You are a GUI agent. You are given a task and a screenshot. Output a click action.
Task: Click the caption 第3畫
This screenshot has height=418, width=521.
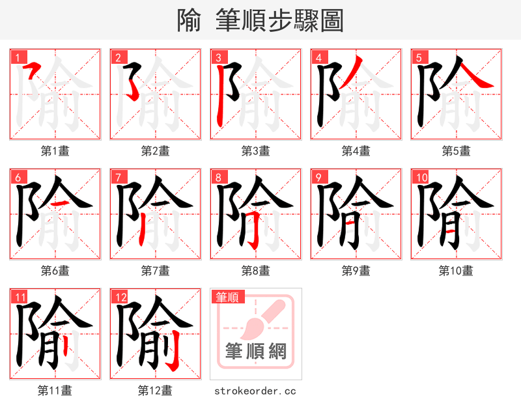(x=255, y=151)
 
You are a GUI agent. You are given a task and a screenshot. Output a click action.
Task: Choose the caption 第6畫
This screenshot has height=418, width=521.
(x=55, y=271)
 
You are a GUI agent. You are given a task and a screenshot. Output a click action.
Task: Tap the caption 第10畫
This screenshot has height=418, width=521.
(x=456, y=271)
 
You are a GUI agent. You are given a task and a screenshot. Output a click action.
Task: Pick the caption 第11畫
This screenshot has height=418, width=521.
(x=55, y=391)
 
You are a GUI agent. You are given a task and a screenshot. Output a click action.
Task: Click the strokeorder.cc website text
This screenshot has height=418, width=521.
(x=255, y=391)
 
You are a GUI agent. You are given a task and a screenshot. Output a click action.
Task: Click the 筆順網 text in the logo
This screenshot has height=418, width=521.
(x=256, y=351)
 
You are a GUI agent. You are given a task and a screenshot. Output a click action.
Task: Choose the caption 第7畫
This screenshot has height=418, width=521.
(x=156, y=271)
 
